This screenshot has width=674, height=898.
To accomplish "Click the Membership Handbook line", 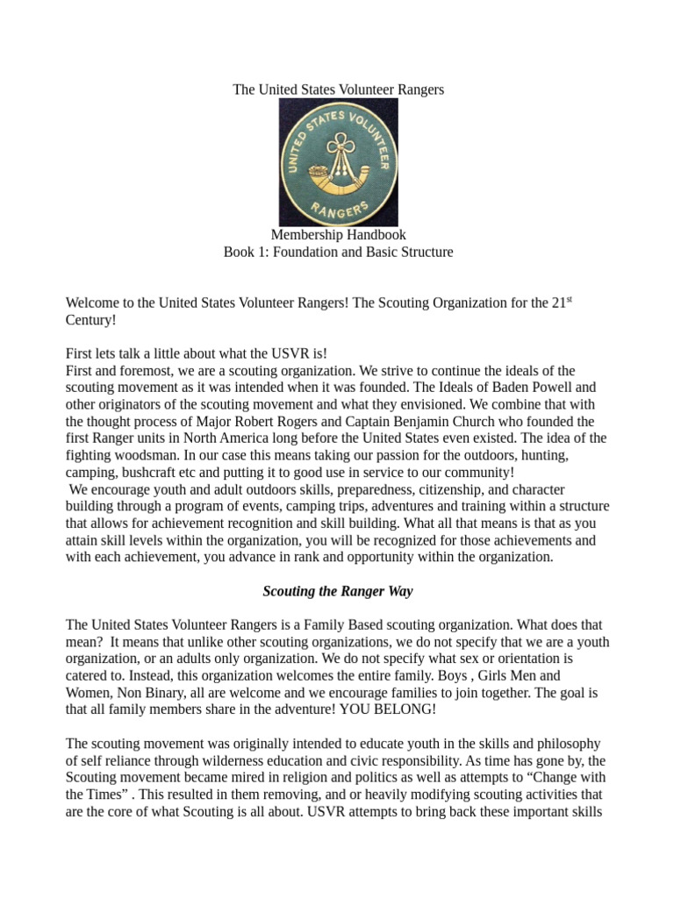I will (338, 235).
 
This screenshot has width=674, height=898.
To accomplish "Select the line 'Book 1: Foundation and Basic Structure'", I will (338, 253).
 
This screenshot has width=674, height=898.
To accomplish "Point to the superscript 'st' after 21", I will (568, 299).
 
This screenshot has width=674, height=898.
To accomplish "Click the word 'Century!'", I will (90, 320).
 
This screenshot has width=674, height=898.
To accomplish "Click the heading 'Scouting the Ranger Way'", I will (338, 591).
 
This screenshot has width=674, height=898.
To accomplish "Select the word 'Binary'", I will (170, 692).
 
